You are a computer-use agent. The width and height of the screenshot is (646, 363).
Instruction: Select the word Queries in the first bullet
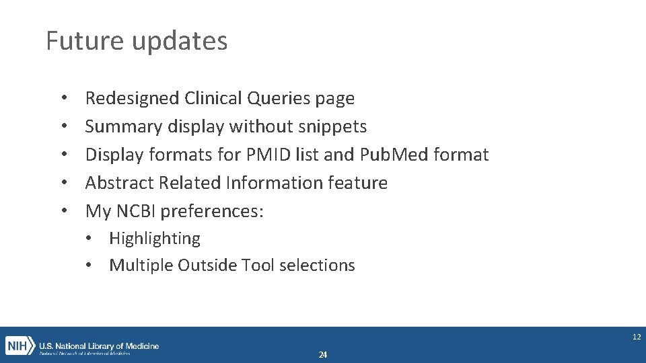coord(278,99)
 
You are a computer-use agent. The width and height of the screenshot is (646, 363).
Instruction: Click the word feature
coord(357,183)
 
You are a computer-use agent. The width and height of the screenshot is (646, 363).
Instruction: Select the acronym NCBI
coord(136,211)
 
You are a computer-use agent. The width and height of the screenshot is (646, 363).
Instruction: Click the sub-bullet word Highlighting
coord(155,239)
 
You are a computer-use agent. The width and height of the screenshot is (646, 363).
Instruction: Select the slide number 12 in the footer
coord(636,337)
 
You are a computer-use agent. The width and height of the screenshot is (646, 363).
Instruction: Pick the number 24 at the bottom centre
coord(323,355)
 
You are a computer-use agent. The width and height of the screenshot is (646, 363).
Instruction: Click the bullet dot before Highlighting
coord(90,239)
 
